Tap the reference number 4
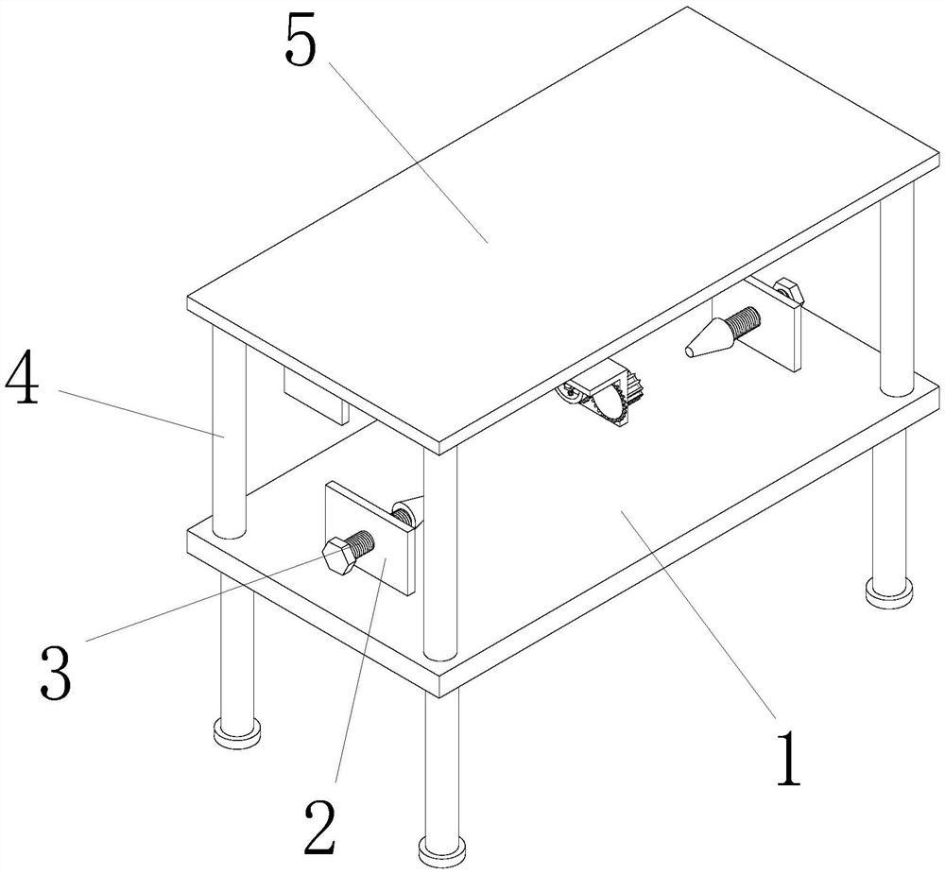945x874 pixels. point(23,384)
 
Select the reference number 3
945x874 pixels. point(56,672)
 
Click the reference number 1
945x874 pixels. point(788,759)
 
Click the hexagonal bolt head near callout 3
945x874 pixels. point(338,557)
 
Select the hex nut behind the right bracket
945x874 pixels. point(789,289)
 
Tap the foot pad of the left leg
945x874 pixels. point(237,731)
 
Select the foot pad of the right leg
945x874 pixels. point(888,591)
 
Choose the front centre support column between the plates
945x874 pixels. point(440,555)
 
